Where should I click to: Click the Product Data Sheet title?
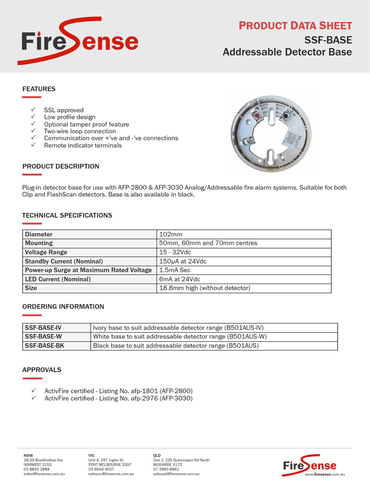295,26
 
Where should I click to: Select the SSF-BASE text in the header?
328,39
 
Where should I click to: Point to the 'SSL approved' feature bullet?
64,110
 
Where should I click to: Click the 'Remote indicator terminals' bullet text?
83,145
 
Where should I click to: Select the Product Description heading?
61,166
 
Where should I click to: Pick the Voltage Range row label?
46,252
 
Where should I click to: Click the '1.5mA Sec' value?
175,270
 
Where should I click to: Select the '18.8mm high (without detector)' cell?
205,288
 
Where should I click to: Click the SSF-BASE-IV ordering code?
43,327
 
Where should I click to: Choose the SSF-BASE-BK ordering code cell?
44,346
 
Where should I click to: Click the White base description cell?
180,337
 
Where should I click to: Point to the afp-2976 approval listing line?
119,398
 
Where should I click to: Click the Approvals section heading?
41,370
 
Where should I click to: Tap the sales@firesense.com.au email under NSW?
44,474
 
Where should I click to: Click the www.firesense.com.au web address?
325,475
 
